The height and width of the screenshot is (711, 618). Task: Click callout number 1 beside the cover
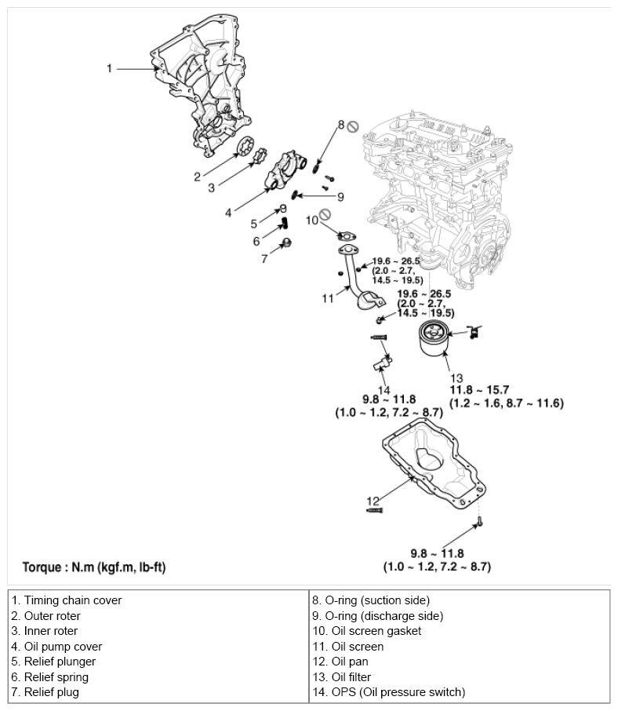pos(110,68)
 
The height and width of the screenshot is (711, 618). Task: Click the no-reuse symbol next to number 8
pos(353,126)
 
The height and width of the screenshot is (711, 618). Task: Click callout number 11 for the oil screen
pos(328,298)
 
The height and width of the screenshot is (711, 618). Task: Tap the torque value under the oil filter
pos(506,396)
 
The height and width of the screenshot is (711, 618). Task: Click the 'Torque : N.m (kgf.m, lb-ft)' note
pos(93,566)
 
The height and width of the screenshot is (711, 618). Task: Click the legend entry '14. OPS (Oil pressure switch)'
pos(388,691)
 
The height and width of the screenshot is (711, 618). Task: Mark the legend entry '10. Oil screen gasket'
pos(367,631)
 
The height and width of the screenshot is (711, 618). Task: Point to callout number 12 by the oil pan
pos(373,501)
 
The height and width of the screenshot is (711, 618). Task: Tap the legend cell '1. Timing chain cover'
pos(67,600)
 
